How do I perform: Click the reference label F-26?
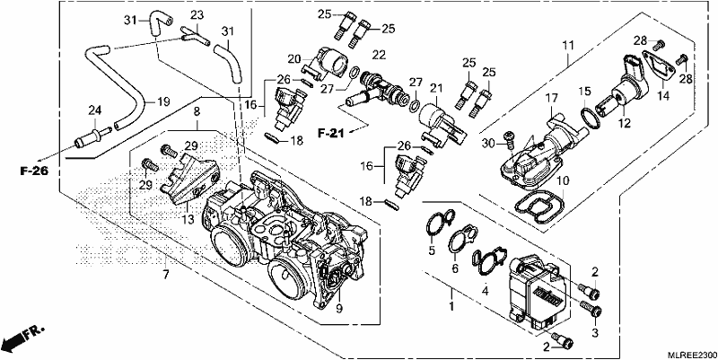click(x=34, y=171)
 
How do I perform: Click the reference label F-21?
click(x=330, y=133)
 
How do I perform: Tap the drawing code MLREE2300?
click(x=691, y=355)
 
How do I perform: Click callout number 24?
click(x=95, y=110)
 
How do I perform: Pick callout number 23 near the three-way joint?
click(x=197, y=15)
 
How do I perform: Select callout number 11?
click(x=568, y=46)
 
